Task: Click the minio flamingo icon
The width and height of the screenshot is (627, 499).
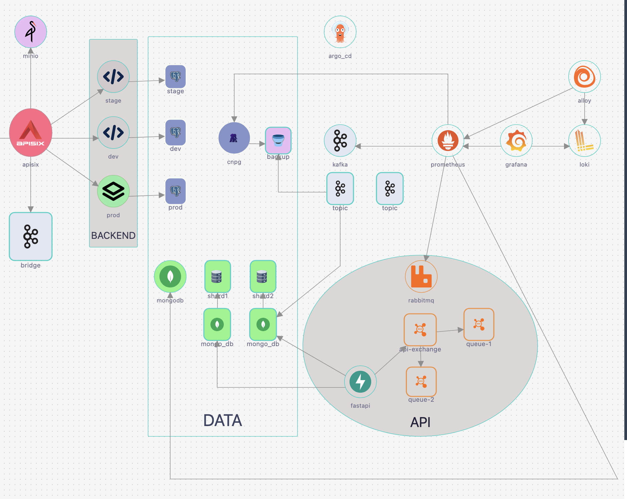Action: [31, 32]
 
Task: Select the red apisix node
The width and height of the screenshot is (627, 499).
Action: [31, 133]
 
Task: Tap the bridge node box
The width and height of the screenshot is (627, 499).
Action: [31, 237]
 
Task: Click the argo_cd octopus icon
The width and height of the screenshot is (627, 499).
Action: [340, 32]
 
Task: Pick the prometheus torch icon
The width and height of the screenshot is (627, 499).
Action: [448, 141]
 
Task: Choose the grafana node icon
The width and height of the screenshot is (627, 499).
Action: [516, 141]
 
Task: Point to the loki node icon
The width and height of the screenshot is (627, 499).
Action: [584, 141]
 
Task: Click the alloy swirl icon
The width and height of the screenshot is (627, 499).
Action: [584, 77]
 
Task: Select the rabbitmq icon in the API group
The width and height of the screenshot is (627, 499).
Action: [421, 276]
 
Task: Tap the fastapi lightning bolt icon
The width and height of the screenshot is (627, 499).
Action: [360, 382]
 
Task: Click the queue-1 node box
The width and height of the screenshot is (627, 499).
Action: [479, 324]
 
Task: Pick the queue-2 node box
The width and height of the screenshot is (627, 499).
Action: [421, 381]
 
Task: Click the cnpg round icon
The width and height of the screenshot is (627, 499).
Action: [234, 138]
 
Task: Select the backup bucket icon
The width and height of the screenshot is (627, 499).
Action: [278, 140]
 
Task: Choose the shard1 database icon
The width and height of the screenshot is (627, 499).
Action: [217, 276]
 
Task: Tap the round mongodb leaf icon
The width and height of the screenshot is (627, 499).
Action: [170, 276]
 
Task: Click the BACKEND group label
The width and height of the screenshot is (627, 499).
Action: [113, 236]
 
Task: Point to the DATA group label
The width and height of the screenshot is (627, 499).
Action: [222, 420]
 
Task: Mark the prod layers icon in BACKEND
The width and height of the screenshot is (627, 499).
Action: [113, 191]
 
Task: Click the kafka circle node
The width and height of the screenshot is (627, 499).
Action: [340, 141]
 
